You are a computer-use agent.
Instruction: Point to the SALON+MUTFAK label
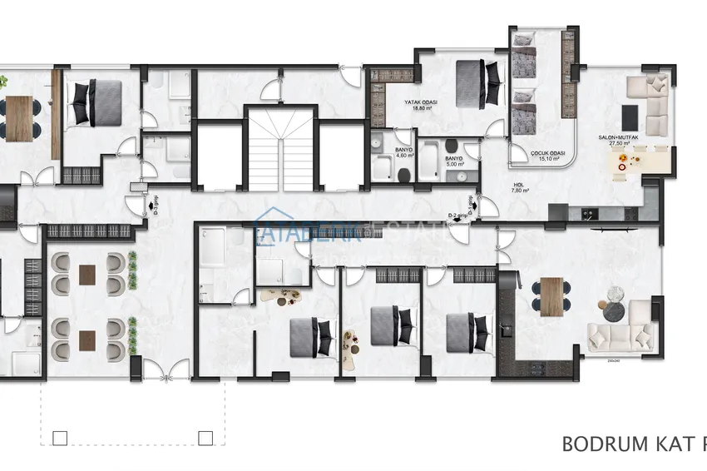616,137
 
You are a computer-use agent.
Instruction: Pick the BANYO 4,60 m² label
405,152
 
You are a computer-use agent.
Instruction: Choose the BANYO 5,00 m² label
453,158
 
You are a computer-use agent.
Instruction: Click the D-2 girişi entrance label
457,216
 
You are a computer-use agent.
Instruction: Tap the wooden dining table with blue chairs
552,296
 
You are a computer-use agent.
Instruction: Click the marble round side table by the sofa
616,295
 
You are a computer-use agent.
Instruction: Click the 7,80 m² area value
519,191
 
